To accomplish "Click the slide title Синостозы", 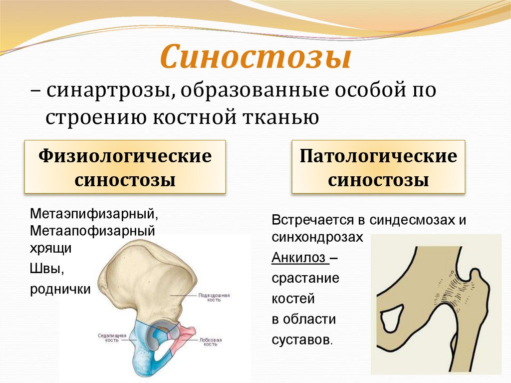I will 255,57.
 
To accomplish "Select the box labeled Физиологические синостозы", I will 125,168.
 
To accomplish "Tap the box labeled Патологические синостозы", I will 378,168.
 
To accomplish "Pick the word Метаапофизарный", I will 92,232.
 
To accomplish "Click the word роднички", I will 60,289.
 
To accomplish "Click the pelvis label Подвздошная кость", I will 214,298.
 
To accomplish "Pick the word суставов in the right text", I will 301,340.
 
